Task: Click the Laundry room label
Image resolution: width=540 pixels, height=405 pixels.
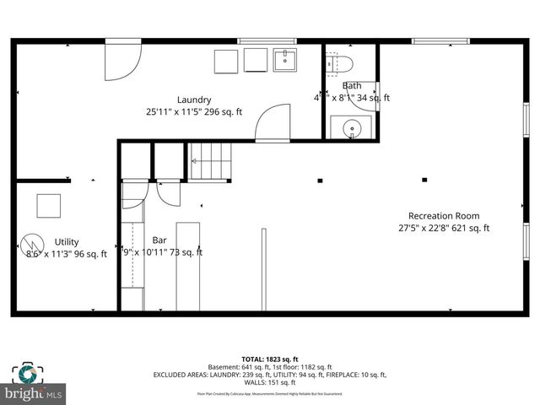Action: [194, 100]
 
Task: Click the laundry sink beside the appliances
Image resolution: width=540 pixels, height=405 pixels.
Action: [285, 61]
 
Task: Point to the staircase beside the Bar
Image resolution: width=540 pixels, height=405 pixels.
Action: [209, 162]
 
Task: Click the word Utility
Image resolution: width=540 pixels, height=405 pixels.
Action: [67, 241]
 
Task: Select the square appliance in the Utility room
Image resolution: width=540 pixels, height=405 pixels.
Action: [48, 206]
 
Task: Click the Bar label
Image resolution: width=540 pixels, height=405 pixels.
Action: [159, 240]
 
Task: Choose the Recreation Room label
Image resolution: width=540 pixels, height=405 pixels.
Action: [444, 215]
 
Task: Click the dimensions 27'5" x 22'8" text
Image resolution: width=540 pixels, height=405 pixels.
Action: [444, 228]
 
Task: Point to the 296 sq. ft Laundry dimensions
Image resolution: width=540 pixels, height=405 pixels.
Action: [194, 111]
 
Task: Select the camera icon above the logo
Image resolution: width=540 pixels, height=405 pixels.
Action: [26, 372]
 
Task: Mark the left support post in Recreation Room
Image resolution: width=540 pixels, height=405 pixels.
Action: [320, 180]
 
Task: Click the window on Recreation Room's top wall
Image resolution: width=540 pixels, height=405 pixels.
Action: [440, 40]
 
